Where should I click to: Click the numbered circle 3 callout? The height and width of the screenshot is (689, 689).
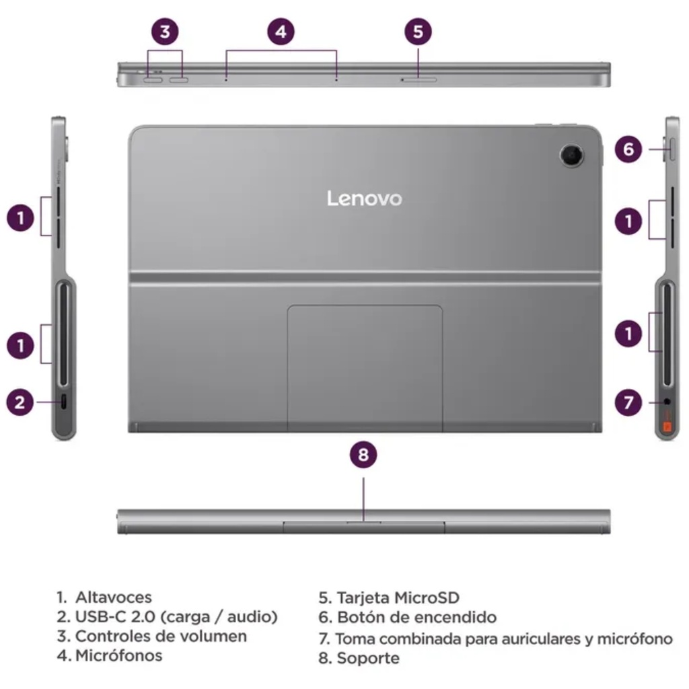point(166,31)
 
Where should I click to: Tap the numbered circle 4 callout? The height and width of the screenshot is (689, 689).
point(281,31)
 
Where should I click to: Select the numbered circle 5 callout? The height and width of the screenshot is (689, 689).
point(418,31)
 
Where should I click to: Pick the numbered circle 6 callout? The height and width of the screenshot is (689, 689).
point(628,149)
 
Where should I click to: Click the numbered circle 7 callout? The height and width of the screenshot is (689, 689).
point(628,402)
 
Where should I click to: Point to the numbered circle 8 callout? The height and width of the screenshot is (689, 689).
point(363,455)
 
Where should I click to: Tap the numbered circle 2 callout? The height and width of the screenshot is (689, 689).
point(20,402)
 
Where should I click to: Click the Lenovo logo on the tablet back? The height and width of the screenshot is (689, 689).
point(364,198)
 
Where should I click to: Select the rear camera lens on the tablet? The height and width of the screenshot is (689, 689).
point(572,155)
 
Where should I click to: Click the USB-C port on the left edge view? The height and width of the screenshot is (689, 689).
point(64,402)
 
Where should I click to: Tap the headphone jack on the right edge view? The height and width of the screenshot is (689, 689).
point(667,402)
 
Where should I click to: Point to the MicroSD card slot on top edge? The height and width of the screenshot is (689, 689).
point(419,79)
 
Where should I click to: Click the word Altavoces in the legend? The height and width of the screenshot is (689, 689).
point(113,597)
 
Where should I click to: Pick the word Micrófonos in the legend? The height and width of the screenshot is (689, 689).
point(118,655)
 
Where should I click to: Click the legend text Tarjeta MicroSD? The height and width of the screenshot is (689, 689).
point(398,597)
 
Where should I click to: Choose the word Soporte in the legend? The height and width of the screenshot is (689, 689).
point(367,658)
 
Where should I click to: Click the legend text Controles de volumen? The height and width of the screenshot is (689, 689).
point(160,636)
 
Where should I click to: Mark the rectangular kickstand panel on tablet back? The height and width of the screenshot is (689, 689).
point(365,367)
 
